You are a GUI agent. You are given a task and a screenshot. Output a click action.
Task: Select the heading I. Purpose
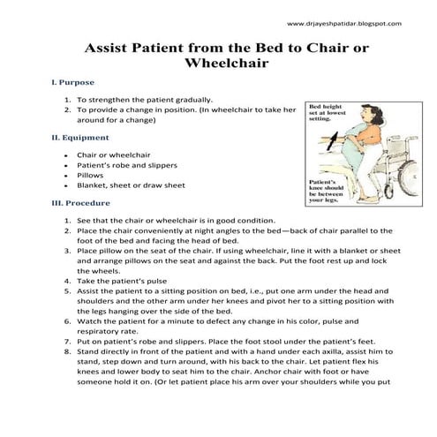[73, 82]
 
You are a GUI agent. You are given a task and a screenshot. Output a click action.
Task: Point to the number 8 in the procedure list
[68, 349]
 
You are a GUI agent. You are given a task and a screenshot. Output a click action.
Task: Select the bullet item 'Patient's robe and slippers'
[127, 164]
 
